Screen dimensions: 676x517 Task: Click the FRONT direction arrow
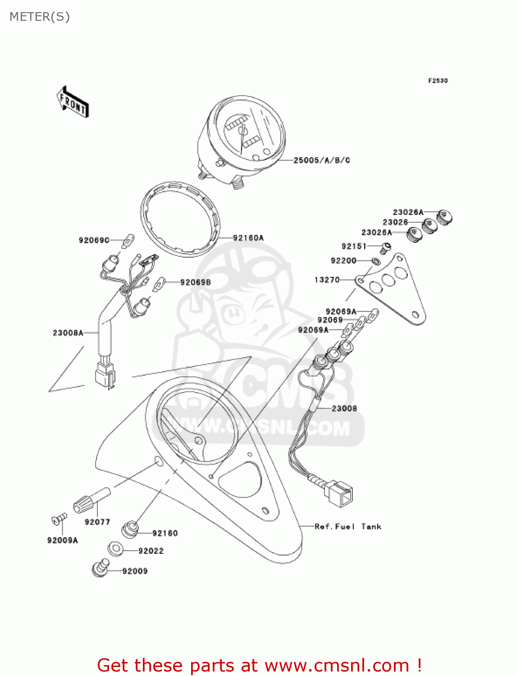tap(73, 102)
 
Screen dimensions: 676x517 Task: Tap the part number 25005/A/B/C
tap(321, 160)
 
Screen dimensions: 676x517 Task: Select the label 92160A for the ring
tap(248, 238)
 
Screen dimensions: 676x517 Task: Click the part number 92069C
tap(94, 241)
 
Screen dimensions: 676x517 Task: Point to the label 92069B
tap(196, 283)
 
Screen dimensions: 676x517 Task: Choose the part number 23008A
tap(68, 333)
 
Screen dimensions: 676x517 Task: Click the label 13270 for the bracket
tap(327, 280)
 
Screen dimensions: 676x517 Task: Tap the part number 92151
tap(354, 246)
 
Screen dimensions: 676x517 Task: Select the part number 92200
tap(343, 261)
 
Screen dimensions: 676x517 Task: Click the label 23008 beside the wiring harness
tap(344, 409)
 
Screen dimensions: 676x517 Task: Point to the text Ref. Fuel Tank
tap(348, 526)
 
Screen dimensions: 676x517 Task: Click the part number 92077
tap(97, 522)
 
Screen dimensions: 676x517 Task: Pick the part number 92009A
tap(63, 540)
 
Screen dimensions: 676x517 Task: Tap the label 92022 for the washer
tap(151, 551)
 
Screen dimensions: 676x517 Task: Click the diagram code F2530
tap(438, 81)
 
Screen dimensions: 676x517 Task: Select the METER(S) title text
tap(40, 17)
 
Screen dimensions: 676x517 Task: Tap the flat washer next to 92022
tap(116, 549)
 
